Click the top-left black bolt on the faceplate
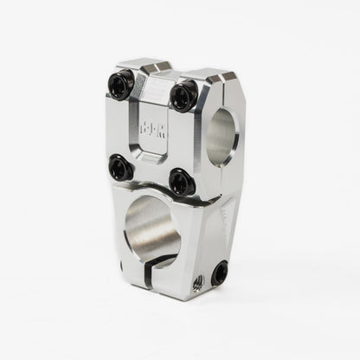pyautogui.click(x=122, y=86)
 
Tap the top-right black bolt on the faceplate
pyautogui.click(x=183, y=95)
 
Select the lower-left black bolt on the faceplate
pyautogui.click(x=120, y=166)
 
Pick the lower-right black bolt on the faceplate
pyautogui.click(x=181, y=182)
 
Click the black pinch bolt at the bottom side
pyautogui.click(x=220, y=273)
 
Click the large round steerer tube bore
pyautogui.click(x=153, y=229)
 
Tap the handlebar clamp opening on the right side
pyautogui.click(x=222, y=136)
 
